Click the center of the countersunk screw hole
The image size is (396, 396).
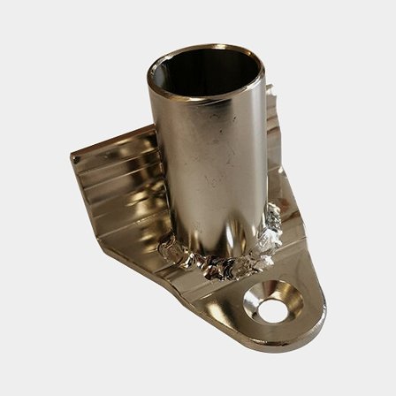[275, 303]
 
